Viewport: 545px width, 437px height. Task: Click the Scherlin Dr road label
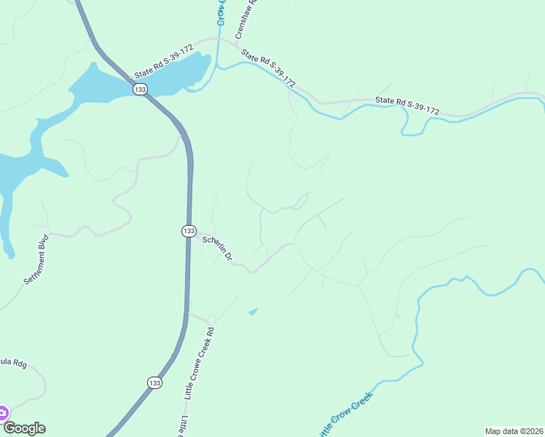[217, 248]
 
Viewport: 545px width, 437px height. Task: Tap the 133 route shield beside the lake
[140, 89]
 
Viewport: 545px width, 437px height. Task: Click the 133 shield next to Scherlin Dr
[188, 230]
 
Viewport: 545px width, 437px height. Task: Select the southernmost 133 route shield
[154, 382]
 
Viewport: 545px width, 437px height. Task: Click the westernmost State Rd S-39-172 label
[164, 63]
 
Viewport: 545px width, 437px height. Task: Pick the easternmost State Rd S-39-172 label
[407, 105]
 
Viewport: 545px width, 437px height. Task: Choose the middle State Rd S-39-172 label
[268, 68]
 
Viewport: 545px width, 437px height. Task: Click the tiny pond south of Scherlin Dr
[253, 312]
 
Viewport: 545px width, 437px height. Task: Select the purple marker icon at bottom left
[2, 413]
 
